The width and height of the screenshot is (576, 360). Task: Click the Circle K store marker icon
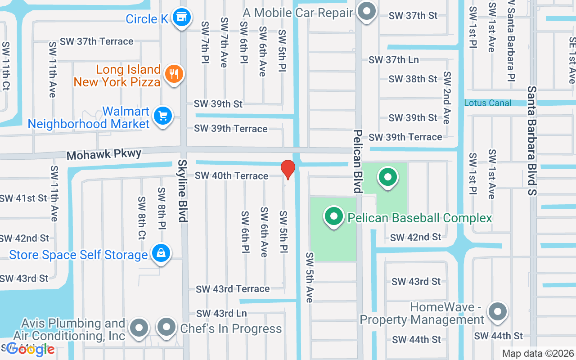coord(182,18)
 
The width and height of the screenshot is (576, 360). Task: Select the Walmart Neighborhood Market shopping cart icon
coord(162,116)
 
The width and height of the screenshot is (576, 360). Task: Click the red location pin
coord(288,169)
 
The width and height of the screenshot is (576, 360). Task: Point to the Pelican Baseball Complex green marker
coord(333,216)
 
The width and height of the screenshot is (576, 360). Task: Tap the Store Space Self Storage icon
coord(161,254)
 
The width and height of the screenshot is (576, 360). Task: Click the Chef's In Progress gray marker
coord(166,327)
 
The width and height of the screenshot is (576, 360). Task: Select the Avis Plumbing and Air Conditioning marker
coord(139,328)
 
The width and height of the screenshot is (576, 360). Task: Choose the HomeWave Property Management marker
coord(497,311)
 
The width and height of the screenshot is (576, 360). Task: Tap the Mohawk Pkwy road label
coord(104,155)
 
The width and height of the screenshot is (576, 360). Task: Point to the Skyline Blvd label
coord(182,191)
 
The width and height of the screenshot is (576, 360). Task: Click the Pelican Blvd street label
coord(358,161)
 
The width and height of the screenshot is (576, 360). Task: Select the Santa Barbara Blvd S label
coord(533,141)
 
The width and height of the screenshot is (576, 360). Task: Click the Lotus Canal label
coord(488,103)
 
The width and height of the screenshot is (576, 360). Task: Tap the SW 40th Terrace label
coord(231,175)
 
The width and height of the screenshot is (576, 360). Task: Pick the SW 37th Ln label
coord(393,60)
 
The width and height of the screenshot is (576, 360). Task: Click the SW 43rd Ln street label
coord(221,313)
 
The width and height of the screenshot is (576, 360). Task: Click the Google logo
coord(31,349)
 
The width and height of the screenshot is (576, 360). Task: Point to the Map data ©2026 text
coord(538,354)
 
